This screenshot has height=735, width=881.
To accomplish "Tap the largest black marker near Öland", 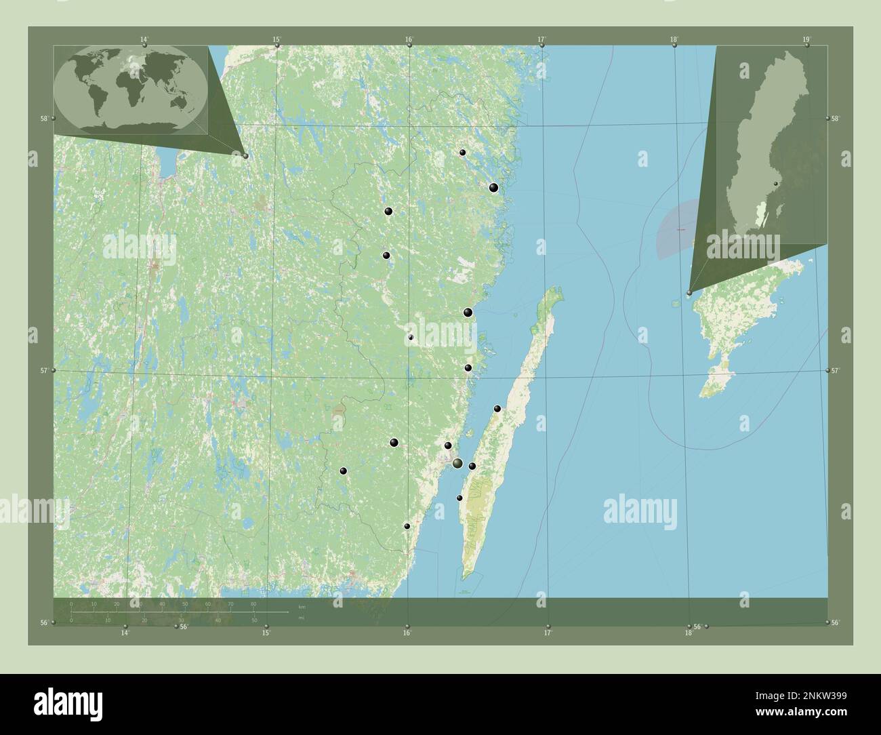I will click(x=458, y=464).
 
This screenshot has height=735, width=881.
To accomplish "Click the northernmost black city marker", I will click(x=462, y=153).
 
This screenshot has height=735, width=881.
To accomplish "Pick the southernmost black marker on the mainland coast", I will click(x=407, y=526).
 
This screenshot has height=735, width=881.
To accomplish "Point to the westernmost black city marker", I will click(x=344, y=471).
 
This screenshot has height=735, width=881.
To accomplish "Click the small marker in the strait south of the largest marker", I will click(x=459, y=498).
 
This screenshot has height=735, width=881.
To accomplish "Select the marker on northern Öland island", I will click(x=497, y=409).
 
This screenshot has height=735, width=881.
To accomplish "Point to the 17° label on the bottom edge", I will click(x=548, y=633).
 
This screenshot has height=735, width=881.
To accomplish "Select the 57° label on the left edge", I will click(x=43, y=370).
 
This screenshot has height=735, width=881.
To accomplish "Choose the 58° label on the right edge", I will click(x=836, y=118).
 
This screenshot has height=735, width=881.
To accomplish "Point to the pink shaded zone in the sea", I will click(x=674, y=231).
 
